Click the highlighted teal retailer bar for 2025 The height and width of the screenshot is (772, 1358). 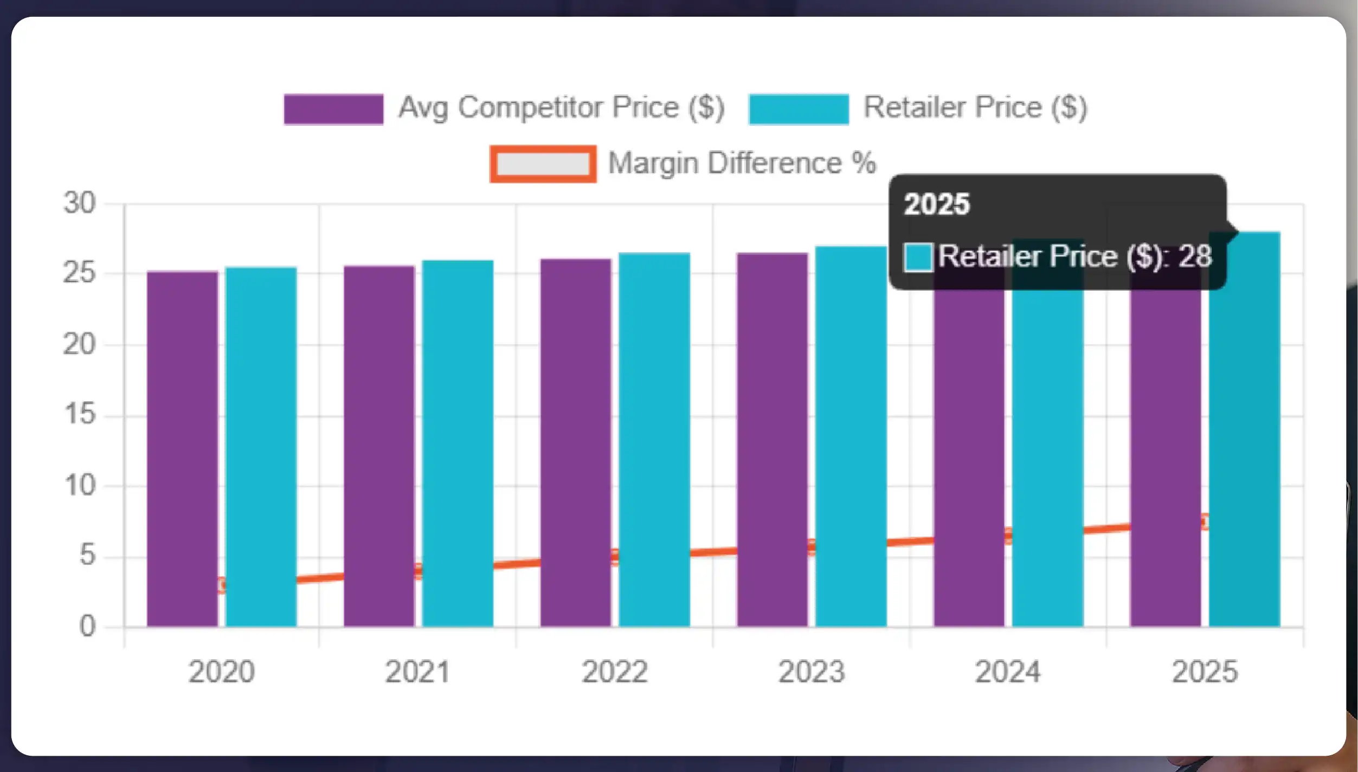pos(1244,434)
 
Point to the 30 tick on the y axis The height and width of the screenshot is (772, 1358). pos(79,204)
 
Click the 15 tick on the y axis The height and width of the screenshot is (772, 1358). pos(79,415)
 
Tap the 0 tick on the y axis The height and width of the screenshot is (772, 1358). pos(87,627)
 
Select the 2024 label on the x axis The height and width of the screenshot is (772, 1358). pos(1008,672)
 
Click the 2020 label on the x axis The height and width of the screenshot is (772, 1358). pos(221,672)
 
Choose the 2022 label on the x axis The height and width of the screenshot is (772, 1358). pos(615,672)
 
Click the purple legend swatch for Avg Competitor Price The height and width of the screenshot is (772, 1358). pos(333,109)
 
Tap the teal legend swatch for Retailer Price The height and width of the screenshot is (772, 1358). pos(799,109)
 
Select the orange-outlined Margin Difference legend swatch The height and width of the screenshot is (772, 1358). pos(543,164)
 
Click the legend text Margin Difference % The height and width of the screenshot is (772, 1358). pos(742,163)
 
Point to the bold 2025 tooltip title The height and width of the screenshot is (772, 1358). pos(936,205)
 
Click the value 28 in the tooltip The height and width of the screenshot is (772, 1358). pos(1195,256)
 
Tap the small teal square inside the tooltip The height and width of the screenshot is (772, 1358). pos(918,257)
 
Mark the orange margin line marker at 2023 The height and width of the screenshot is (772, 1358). pos(812,547)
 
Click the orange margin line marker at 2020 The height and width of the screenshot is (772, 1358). pos(221,585)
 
